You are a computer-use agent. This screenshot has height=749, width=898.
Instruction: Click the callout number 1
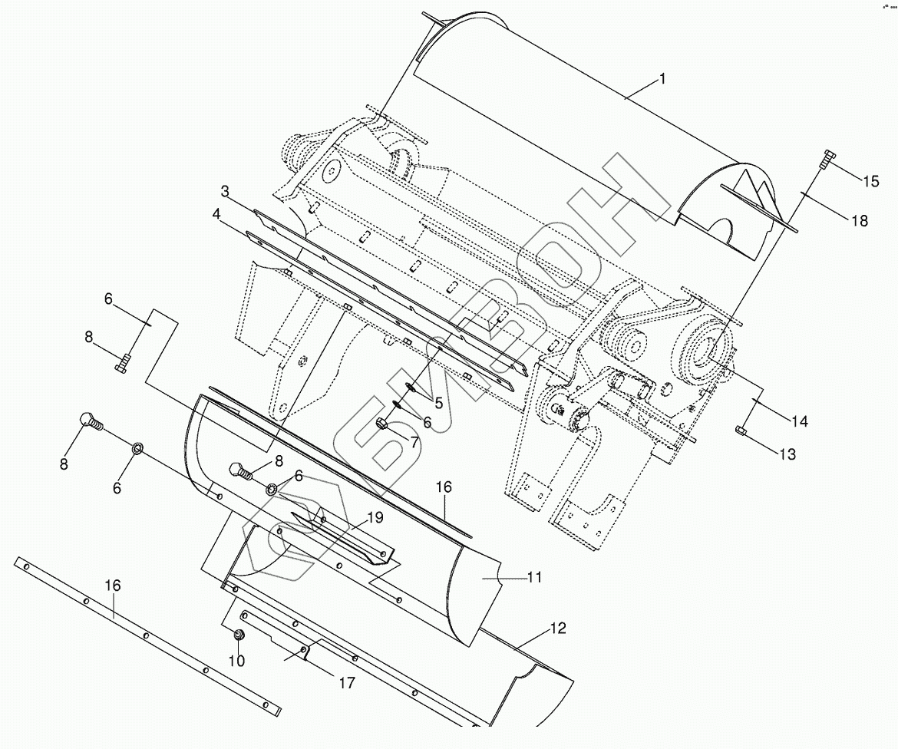tap(662, 78)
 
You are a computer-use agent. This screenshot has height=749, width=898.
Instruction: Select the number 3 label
tap(225, 190)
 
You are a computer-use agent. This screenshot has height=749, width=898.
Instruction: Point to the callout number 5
tap(438, 402)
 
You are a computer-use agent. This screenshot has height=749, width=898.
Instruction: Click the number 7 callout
tap(414, 442)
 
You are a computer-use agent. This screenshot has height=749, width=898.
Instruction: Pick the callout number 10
tap(237, 660)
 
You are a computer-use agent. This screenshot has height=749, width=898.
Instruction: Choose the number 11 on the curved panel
tap(535, 576)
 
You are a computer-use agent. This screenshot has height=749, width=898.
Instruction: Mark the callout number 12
tap(557, 629)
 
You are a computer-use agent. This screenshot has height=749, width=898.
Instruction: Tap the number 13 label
tap(787, 454)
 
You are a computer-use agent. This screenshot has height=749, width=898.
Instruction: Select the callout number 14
tap(800, 421)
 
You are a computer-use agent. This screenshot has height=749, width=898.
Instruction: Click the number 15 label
tap(870, 181)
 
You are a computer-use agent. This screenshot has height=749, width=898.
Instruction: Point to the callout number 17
tap(347, 681)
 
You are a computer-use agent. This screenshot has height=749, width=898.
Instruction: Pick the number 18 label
tap(860, 221)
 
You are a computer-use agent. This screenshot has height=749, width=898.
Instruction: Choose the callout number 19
tap(375, 517)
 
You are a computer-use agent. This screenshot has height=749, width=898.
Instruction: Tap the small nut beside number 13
tap(741, 431)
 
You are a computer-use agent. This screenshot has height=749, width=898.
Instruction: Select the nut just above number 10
tap(239, 635)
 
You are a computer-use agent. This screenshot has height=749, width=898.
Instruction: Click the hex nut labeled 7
tap(381, 424)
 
